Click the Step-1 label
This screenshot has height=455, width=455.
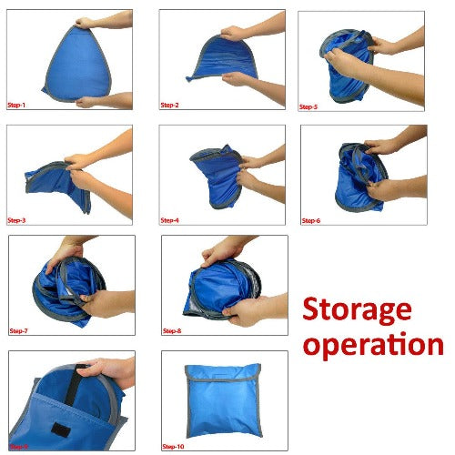coord(17,105)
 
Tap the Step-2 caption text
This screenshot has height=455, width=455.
coord(170,105)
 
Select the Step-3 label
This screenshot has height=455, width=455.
coord(17,220)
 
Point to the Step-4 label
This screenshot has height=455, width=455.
coord(170,220)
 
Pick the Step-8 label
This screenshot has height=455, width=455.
coord(173,330)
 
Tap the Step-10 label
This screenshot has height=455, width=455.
coord(174,446)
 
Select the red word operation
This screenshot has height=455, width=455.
coord(373,345)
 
